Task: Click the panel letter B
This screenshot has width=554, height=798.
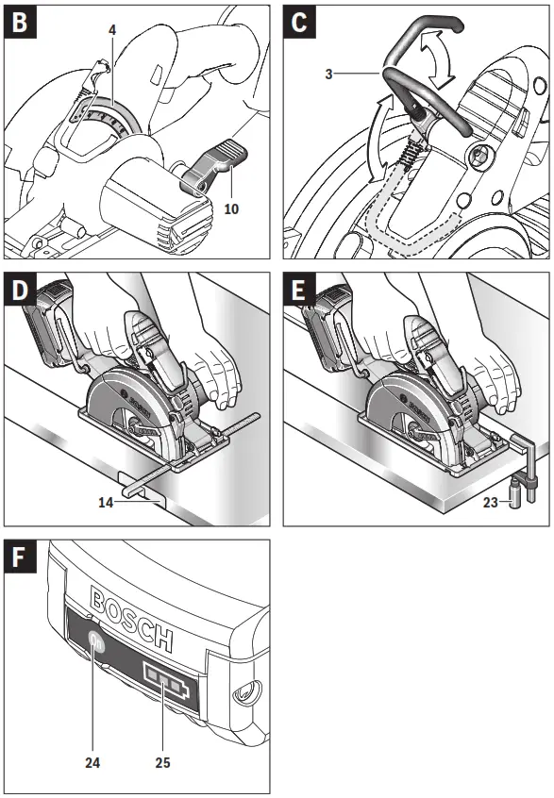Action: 19,21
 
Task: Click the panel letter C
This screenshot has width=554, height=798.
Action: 300,21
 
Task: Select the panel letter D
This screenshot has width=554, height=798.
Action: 19,290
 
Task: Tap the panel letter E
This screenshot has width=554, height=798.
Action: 300,290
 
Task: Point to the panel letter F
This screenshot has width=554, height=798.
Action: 19,557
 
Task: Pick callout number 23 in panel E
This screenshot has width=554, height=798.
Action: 490,504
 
